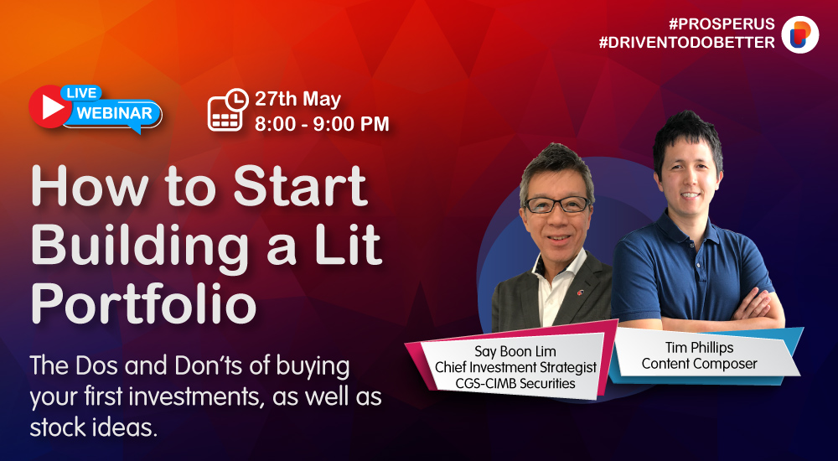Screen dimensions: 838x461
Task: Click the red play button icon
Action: coord(50,107)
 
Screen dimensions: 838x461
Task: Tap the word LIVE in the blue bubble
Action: coord(81,93)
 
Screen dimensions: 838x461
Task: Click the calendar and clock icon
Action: coord(228,110)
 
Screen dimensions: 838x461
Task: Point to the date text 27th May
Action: coord(297,100)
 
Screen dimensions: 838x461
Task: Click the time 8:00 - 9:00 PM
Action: coord(322,123)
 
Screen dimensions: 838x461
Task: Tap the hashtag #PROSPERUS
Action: coord(722,24)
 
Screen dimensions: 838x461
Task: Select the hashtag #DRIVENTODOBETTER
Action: coord(687,43)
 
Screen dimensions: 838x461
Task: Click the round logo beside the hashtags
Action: coord(800,34)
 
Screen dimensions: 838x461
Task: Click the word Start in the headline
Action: coord(301,186)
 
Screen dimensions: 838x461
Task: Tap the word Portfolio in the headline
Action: coord(144,303)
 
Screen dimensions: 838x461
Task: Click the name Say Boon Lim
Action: coord(515,352)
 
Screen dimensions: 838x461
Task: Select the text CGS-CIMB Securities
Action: coord(515,383)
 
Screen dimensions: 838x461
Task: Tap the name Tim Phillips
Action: coord(699,348)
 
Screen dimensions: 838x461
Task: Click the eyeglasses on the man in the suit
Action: coord(557,205)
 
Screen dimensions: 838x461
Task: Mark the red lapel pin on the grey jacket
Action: coord(580,292)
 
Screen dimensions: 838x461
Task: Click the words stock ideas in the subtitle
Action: coord(94,427)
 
